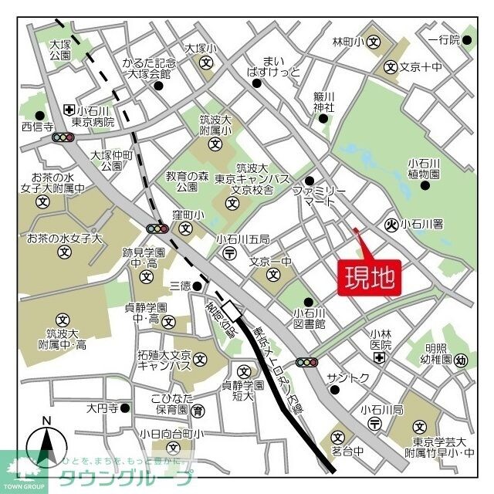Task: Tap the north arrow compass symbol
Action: click(x=46, y=445)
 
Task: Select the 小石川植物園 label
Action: click(x=424, y=168)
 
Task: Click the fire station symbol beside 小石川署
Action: click(x=391, y=225)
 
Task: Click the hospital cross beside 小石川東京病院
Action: click(x=69, y=110)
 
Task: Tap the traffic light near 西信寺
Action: click(x=62, y=137)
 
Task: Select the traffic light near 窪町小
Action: click(x=157, y=228)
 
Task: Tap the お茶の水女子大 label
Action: click(x=65, y=239)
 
